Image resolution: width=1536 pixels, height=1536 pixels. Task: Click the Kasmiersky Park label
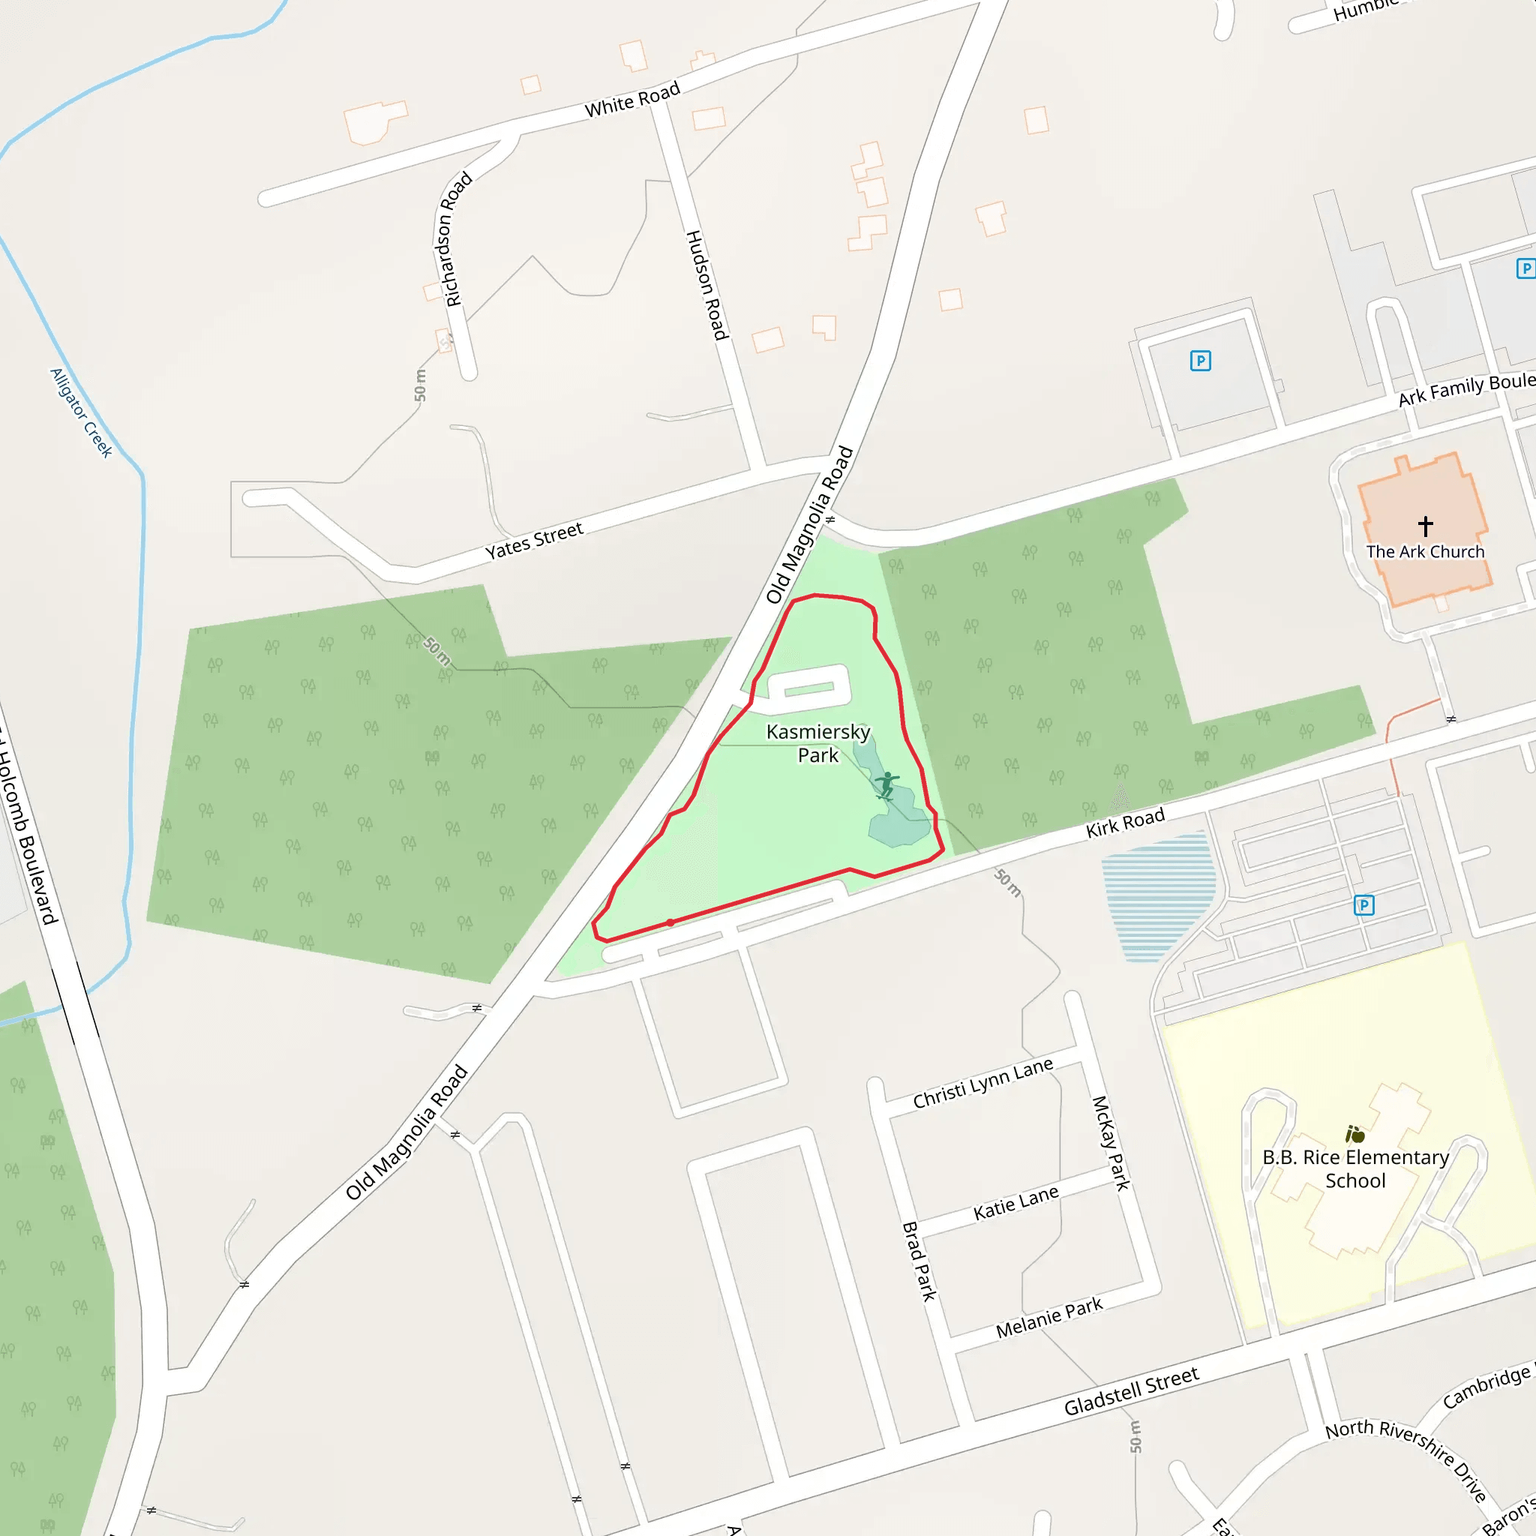817,743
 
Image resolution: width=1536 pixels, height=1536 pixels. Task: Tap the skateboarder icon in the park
886,784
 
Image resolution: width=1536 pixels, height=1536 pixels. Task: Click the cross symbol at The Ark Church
1425,526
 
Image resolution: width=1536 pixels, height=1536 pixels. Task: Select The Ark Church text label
1425,552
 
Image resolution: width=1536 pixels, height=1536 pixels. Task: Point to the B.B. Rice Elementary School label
1355,1168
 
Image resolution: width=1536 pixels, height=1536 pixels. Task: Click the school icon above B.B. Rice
1354,1134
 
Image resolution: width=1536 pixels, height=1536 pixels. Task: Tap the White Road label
632,100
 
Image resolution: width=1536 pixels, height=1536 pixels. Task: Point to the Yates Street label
534,541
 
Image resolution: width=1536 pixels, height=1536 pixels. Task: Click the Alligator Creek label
81,412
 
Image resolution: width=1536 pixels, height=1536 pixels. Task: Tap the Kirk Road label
1125,823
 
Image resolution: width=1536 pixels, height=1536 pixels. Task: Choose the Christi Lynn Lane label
982,1084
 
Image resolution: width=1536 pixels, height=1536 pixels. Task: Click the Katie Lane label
1015,1203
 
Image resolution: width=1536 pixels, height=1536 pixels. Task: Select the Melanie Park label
1048,1318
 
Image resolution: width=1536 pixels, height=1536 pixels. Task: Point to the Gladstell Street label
1131,1391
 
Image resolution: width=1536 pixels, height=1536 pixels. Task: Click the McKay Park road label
1111,1142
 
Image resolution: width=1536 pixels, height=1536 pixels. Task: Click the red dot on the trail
670,923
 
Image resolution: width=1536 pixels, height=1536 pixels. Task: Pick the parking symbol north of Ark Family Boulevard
1200,361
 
